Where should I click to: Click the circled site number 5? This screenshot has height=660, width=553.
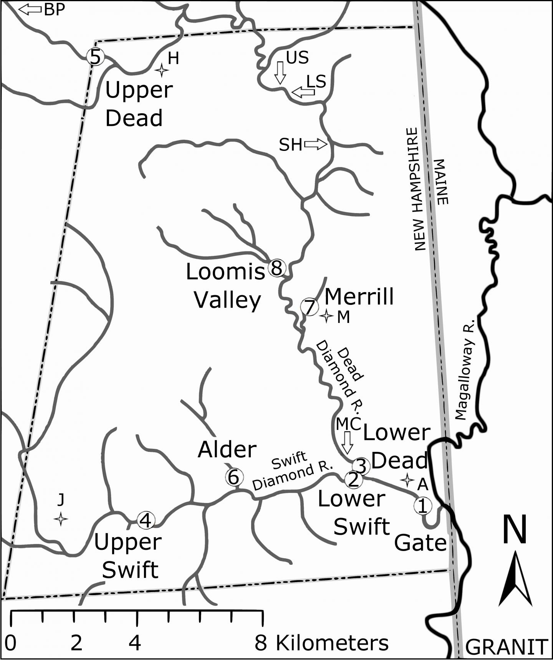click(95, 57)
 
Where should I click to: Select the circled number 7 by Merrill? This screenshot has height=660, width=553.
click(310, 307)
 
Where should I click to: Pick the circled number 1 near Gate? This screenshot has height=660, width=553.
click(422, 506)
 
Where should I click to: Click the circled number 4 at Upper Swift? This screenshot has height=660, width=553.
click(146, 521)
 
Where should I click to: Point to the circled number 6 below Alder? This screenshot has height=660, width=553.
click(234, 477)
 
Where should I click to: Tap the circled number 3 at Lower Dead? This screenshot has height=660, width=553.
click(361, 466)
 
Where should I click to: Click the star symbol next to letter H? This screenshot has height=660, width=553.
click(162, 70)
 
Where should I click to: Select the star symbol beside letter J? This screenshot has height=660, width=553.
click(61, 519)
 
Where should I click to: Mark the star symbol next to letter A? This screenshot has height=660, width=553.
click(407, 480)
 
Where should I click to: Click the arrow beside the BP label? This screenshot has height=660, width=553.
click(30, 9)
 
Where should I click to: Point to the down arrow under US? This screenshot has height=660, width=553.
click(280, 73)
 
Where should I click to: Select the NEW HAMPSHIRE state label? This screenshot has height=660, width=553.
click(417, 189)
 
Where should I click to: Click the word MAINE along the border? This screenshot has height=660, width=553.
click(442, 182)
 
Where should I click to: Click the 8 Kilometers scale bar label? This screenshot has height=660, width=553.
click(321, 643)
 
